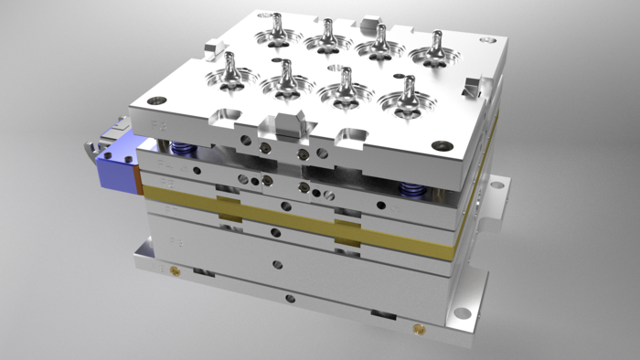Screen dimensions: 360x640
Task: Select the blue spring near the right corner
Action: point(411,190)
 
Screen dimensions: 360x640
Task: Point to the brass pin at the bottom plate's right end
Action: point(420,326)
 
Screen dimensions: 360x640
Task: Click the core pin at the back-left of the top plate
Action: point(277,26)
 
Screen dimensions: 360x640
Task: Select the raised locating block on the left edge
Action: point(213,46)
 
